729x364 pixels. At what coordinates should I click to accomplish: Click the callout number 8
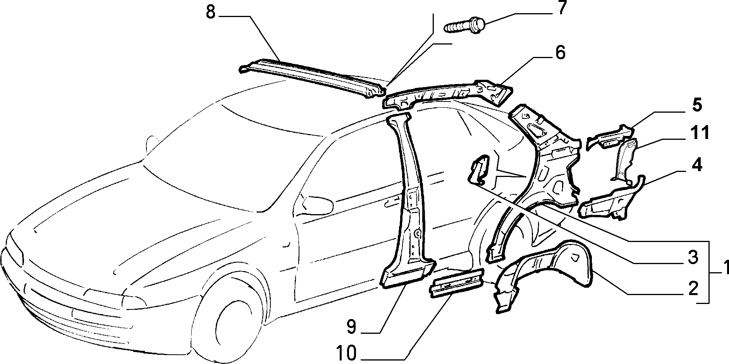(x=210, y=12)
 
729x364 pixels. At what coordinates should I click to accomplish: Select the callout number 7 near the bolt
(x=561, y=9)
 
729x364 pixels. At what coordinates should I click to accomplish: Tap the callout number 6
(x=560, y=53)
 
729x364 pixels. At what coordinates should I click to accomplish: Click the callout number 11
(x=699, y=133)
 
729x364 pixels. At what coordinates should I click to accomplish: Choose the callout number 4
(x=696, y=165)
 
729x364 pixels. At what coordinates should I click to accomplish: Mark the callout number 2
(x=692, y=288)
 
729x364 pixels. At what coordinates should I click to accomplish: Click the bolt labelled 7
(x=465, y=25)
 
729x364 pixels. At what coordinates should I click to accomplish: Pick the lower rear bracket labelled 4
(x=612, y=199)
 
